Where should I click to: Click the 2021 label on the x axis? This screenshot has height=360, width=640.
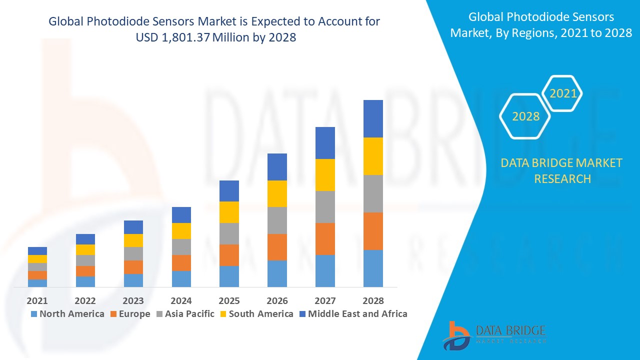37,300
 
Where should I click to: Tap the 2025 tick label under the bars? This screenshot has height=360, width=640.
229,300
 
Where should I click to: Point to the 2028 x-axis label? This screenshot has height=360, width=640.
373,300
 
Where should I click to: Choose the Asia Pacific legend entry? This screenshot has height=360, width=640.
185,314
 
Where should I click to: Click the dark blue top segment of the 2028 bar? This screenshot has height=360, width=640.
373,118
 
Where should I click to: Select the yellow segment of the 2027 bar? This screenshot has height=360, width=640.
325,175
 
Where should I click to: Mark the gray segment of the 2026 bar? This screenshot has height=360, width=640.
277,220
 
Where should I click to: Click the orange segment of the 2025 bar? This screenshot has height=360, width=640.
229,255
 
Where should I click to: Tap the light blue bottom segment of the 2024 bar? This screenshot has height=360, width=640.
181,279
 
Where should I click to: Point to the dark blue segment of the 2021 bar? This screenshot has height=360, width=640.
37,251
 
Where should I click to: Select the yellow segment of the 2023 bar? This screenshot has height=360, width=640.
133,240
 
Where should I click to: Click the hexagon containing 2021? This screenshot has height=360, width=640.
562,93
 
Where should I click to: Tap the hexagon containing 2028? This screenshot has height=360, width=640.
525,116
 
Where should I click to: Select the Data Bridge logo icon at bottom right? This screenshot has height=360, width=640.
456,335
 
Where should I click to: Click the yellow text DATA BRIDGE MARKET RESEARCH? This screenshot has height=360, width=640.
562,170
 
